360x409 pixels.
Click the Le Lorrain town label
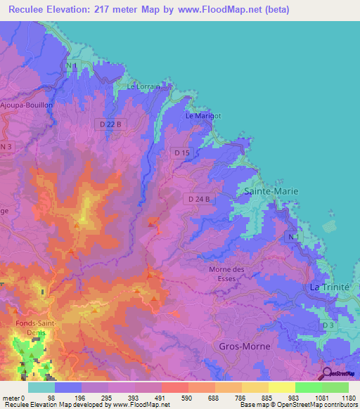point(143,86)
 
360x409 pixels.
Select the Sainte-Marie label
point(271,191)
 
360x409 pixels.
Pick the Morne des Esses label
point(226,273)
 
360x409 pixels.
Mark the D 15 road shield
point(182,152)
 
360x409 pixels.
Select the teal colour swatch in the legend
point(41,387)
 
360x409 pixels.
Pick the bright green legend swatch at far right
point(335,387)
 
